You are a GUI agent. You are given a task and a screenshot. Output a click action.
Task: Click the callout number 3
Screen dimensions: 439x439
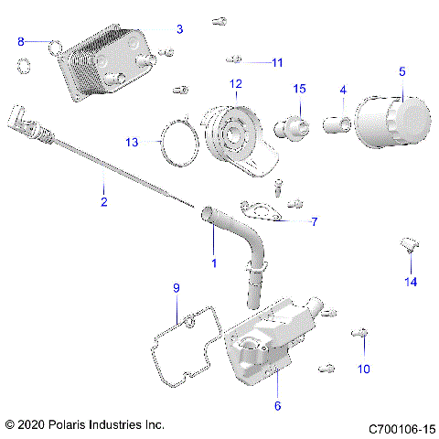click(179, 29)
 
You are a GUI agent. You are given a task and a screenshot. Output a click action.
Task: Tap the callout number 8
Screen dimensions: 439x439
click(22, 41)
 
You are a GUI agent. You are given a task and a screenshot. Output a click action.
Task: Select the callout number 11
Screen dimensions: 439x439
click(277, 62)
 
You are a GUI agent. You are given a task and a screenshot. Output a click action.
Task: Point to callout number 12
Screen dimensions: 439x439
click(235, 83)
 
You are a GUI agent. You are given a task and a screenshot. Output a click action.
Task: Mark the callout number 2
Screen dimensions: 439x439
click(103, 201)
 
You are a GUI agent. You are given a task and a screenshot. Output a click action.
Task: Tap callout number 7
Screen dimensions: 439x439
click(288, 221)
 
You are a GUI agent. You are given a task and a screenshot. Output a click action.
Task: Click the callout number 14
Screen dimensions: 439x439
click(411, 282)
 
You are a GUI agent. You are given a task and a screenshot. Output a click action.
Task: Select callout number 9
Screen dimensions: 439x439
click(177, 289)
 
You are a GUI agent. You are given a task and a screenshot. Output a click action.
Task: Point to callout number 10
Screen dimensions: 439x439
click(364, 369)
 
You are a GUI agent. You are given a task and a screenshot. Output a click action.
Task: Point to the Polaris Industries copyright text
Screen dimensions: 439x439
click(84, 425)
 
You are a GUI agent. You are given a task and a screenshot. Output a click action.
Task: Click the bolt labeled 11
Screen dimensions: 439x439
click(234, 60)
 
